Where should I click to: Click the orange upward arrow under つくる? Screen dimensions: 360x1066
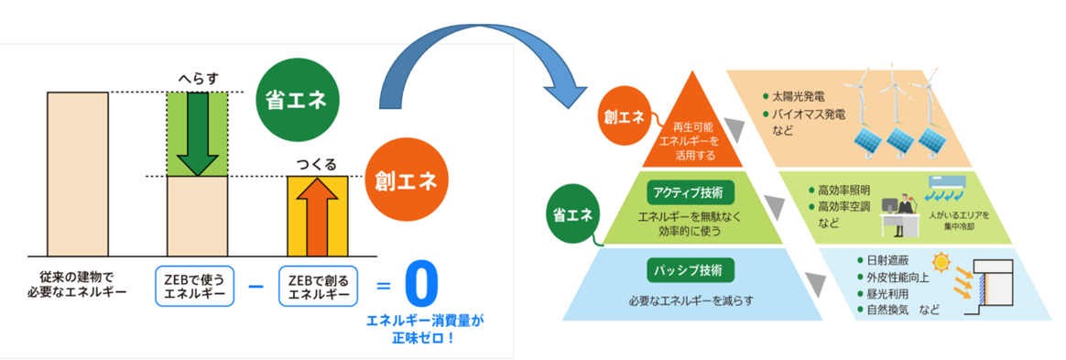318,217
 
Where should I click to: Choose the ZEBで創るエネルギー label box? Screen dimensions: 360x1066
318,286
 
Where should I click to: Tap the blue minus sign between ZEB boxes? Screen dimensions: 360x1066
256,286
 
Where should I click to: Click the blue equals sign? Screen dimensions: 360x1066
384,287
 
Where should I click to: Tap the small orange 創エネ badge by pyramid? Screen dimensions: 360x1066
622,117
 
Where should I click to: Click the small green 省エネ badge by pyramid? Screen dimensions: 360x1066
571,214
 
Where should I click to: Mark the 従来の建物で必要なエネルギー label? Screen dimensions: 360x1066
77,286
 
